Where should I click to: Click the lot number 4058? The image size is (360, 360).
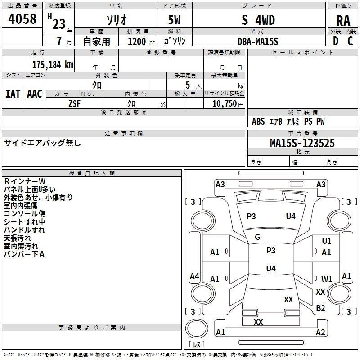coord(22,19)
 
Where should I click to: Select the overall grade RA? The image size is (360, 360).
coord(343,21)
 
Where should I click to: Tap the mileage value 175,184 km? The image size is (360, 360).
coord(53,65)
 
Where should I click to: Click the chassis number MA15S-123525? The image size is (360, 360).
coord(302,143)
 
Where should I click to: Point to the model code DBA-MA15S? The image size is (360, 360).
coord(258,41)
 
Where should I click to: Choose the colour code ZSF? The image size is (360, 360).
coord(74,104)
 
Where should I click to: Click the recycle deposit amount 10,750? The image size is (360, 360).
coord(224,104)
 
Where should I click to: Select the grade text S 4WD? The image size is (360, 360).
coord(258,20)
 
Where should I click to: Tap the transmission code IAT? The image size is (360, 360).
coord(13,94)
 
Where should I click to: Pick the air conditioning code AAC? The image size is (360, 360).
coord(35,94)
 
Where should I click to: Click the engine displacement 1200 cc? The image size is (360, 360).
coord(141,41)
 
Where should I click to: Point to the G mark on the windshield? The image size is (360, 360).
coord(257,237)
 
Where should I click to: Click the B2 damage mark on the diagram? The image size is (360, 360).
coord(320,308)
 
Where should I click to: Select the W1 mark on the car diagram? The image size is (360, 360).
coord(327,279)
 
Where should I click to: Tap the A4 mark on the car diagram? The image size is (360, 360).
coord(194,276)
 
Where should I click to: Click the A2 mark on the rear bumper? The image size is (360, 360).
coord(320,332)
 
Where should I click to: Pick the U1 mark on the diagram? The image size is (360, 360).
coord(327,241)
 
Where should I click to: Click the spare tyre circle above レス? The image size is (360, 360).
coord(197,328)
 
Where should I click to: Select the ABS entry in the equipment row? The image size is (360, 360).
coord(258,121)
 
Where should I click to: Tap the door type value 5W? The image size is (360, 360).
coord(174,20)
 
